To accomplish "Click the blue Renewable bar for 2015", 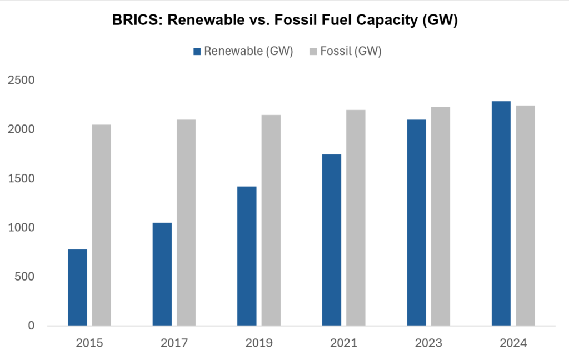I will [x=77, y=287].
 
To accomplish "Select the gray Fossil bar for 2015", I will [x=101, y=225].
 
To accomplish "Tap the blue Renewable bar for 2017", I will [x=162, y=274].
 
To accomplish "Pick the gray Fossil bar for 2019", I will [x=271, y=220].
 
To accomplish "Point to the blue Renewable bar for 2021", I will [x=332, y=239].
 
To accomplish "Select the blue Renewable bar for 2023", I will [x=416, y=222].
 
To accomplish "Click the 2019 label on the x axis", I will [x=259, y=343].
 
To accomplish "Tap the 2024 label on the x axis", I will [x=513, y=343].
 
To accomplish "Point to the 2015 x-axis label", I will [x=89, y=343].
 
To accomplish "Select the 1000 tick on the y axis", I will [x=22, y=228].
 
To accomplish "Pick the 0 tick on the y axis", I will [x=32, y=326].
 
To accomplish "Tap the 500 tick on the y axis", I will [x=25, y=277].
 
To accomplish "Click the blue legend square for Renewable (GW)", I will [x=197, y=52].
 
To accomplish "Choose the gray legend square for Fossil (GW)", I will [x=313, y=52].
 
